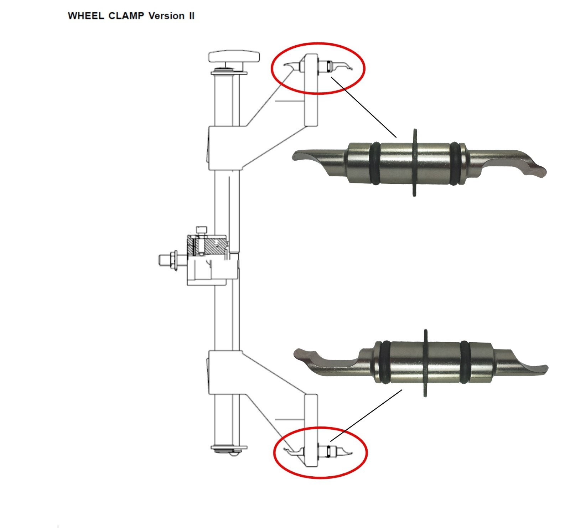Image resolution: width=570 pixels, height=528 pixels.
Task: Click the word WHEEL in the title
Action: pos(86,16)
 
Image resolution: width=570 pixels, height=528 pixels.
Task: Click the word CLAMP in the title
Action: pos(126,16)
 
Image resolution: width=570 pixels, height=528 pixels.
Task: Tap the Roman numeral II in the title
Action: pos(191,16)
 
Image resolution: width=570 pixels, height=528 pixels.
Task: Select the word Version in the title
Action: pos(166,16)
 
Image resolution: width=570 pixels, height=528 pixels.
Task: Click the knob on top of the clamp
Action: pos(234,57)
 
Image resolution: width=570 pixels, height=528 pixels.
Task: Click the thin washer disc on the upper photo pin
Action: pos(414,162)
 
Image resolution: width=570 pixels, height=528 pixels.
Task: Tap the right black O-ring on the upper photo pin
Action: pos(455,164)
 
